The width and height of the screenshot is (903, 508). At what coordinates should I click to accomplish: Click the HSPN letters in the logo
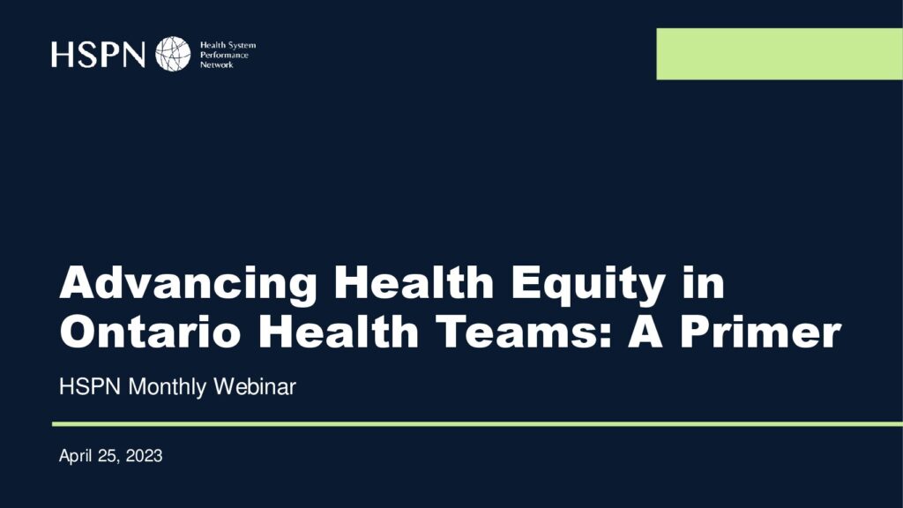pyautogui.click(x=98, y=54)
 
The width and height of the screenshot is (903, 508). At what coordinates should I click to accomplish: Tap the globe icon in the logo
pyautogui.click(x=173, y=54)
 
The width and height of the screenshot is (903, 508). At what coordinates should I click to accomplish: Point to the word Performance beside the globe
pyautogui.click(x=224, y=56)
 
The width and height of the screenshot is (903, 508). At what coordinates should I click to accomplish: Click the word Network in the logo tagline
pyautogui.click(x=217, y=65)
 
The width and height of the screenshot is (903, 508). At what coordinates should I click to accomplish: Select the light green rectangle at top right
pyautogui.click(x=780, y=54)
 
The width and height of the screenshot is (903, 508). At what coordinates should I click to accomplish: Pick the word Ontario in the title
pyautogui.click(x=150, y=332)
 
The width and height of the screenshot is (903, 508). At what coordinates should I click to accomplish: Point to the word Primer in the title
pyautogui.click(x=761, y=332)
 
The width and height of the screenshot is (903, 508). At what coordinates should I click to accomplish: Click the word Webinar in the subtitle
pyautogui.click(x=255, y=386)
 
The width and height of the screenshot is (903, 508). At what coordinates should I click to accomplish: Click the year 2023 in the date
pyautogui.click(x=144, y=456)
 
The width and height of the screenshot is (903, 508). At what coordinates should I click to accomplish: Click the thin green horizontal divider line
pyautogui.click(x=477, y=424)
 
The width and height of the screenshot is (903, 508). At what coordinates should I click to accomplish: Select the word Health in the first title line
pyautogui.click(x=414, y=282)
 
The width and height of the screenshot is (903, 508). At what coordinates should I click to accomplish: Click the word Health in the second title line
pyautogui.click(x=338, y=332)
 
